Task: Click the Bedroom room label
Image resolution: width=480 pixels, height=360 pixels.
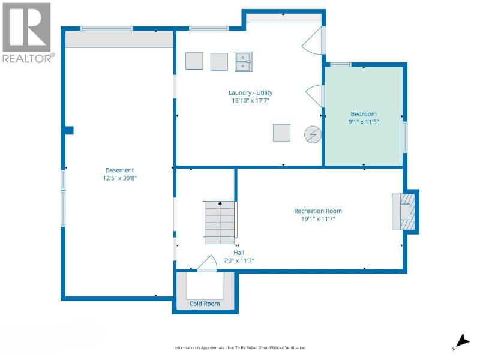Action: click(x=364, y=114)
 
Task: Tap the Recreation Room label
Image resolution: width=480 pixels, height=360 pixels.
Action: click(x=318, y=211)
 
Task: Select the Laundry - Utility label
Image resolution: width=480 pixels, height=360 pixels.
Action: click(x=250, y=92)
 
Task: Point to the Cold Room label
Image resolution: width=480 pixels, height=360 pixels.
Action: click(x=205, y=304)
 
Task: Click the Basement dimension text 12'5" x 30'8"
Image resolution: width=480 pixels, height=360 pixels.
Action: click(x=119, y=178)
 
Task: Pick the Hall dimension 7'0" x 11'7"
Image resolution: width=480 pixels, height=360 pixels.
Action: click(x=238, y=261)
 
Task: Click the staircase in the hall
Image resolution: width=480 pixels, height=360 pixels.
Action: click(x=220, y=223)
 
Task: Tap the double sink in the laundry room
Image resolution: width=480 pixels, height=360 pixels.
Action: click(x=244, y=62)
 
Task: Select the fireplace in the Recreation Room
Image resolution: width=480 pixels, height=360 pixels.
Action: click(x=404, y=212)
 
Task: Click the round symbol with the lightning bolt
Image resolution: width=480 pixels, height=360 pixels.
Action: click(x=313, y=134)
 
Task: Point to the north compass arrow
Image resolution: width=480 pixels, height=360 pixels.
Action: click(x=463, y=341)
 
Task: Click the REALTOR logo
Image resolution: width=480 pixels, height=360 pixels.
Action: click(x=28, y=33)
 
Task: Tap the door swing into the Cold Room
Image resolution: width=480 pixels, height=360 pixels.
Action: click(x=208, y=263)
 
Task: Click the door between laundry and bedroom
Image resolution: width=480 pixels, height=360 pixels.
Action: click(x=316, y=95)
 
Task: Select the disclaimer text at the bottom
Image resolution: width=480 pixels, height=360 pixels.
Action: click(x=239, y=348)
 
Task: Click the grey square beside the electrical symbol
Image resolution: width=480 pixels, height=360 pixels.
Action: click(x=281, y=133)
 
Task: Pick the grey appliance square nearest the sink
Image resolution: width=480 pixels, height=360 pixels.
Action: click(x=219, y=62)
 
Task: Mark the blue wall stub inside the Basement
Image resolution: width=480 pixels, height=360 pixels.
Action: click(x=69, y=130)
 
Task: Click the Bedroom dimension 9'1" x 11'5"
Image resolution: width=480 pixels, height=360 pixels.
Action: click(x=364, y=122)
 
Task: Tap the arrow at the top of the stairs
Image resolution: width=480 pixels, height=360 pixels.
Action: click(x=220, y=203)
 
